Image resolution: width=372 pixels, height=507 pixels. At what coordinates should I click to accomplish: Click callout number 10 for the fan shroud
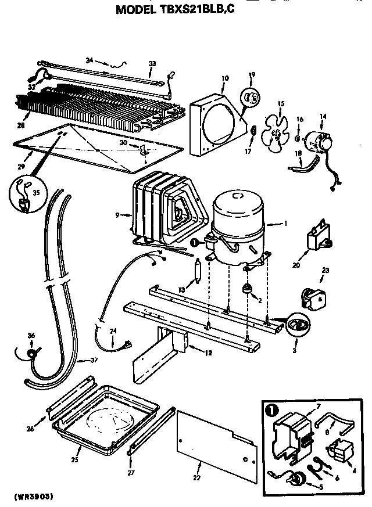(225, 77)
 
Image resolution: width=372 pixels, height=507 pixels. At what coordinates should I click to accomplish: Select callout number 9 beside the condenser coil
(117, 215)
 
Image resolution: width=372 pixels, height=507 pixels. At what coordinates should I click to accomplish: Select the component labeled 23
(312, 295)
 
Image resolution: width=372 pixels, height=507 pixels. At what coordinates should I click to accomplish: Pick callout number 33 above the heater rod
(152, 63)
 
